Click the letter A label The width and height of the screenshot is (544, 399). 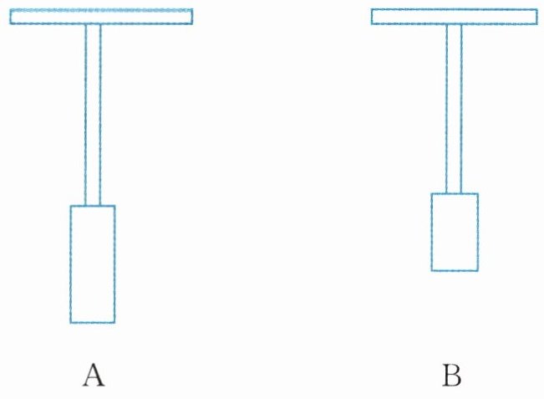pyautogui.click(x=94, y=376)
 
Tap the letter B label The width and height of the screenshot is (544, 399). pyautogui.click(x=451, y=376)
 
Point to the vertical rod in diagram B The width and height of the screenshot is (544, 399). pyautogui.click(x=454, y=109)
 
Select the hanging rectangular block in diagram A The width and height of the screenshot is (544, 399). pyautogui.click(x=92, y=263)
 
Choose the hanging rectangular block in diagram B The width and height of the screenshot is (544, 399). pyautogui.click(x=455, y=232)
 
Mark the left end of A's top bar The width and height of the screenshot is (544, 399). pyautogui.click(x=12, y=17)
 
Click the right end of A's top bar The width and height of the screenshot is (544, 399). pyautogui.click(x=191, y=17)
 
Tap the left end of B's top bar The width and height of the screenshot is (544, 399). pyautogui.click(x=374, y=17)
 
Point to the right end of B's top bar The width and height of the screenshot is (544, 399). pyautogui.click(x=536, y=17)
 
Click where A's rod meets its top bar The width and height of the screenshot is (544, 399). pyautogui.click(x=93, y=24)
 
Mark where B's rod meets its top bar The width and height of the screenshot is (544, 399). pyautogui.click(x=454, y=24)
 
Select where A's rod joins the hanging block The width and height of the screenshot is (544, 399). pyautogui.click(x=93, y=205)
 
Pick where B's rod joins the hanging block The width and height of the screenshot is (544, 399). pyautogui.click(x=454, y=193)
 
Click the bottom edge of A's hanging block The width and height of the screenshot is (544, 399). pyautogui.click(x=92, y=322)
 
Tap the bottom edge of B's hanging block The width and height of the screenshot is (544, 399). pyautogui.click(x=455, y=270)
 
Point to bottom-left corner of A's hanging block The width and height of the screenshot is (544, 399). pyautogui.click(x=70, y=322)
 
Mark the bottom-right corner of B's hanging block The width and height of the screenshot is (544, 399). pyautogui.click(x=478, y=270)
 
